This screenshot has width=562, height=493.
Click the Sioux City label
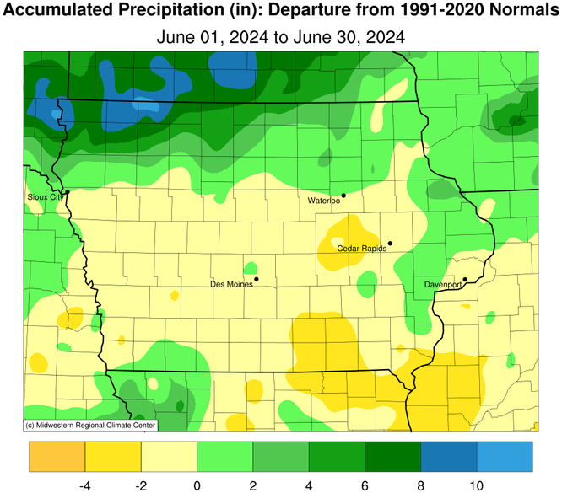(44, 196)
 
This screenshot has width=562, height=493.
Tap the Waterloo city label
(323, 201)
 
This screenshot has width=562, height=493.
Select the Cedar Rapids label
(361, 249)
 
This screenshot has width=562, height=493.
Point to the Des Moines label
(230, 284)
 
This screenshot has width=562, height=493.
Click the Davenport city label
(442, 285)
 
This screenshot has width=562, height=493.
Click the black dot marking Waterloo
(343, 196)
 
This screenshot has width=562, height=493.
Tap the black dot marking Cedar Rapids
(390, 244)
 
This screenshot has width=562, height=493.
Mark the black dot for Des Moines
(256, 279)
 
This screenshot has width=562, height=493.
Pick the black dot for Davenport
(465, 280)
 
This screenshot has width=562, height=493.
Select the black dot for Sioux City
(66, 192)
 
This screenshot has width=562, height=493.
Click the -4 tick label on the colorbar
(84, 485)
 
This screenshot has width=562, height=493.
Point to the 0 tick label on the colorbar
(197, 485)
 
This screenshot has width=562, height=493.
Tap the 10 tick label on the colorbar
(477, 485)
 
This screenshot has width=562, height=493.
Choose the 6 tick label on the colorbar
(365, 485)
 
